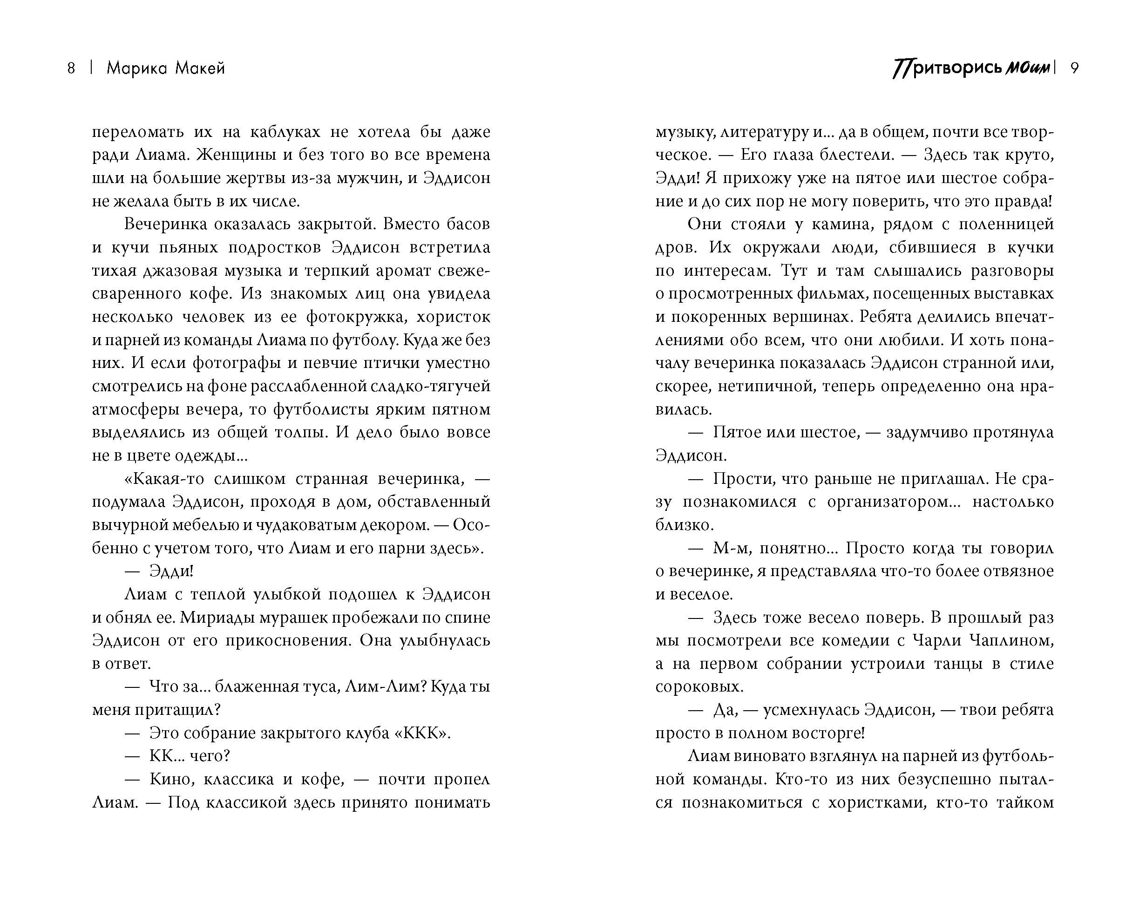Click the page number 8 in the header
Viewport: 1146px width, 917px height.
pos(71,68)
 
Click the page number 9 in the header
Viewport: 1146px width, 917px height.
pos(1074,68)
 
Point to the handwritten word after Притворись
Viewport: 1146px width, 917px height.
pos(1029,69)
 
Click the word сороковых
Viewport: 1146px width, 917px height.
pos(699,687)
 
